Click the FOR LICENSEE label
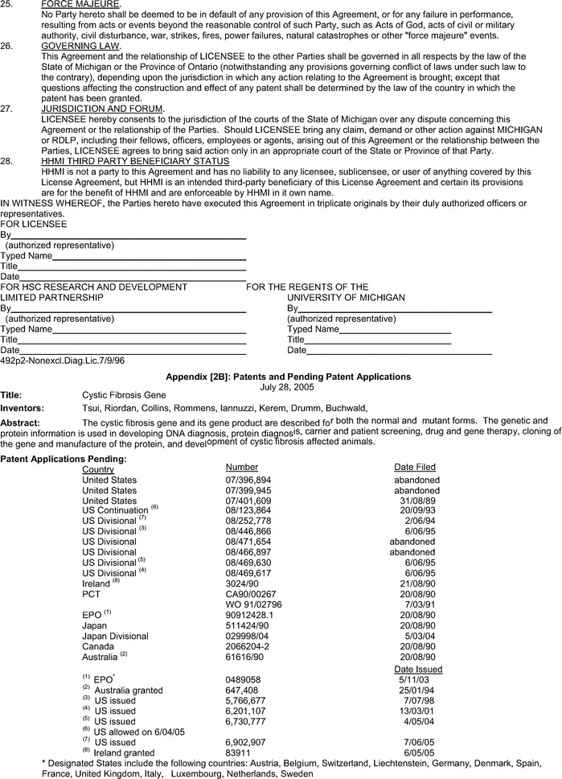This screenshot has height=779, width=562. tap(34, 224)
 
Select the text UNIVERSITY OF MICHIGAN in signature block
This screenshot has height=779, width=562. tap(346, 297)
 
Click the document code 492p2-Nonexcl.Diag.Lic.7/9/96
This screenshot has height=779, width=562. tap(62, 361)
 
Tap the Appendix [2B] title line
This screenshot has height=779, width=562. tap(288, 377)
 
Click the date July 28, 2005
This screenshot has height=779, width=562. tap(288, 386)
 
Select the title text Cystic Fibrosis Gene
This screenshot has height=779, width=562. tap(124, 396)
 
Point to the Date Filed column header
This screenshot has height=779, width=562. tap(415, 468)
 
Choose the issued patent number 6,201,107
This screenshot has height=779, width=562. tap(248, 711)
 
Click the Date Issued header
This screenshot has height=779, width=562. tap(417, 669)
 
